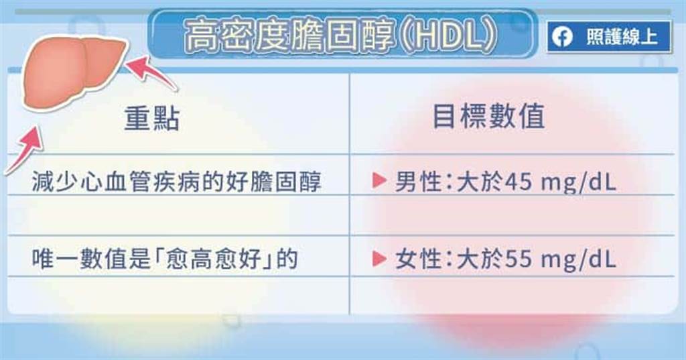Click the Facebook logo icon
pos(562,37)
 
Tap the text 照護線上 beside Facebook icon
pos(622,37)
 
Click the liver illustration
pos(74,72)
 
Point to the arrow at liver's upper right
pos(151,72)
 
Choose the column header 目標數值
pos(488,117)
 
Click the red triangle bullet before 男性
pos(379,180)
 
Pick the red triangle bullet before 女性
pos(379,258)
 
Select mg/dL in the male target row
pos(578,182)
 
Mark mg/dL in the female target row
pos(578,259)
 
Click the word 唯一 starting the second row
pos(55,259)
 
